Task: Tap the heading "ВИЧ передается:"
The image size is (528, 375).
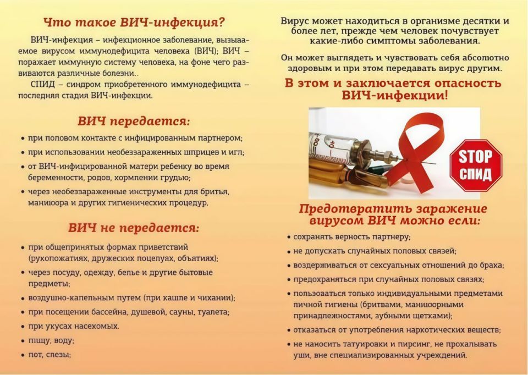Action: (x=134, y=121)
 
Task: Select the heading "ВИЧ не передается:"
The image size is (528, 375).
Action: (x=134, y=228)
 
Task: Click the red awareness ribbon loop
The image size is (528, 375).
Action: (x=424, y=137)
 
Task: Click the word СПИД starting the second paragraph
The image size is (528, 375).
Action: (x=43, y=84)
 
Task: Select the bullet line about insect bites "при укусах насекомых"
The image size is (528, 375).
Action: (x=73, y=326)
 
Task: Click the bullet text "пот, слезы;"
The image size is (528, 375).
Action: (x=50, y=355)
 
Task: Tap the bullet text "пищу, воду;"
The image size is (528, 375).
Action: (x=51, y=340)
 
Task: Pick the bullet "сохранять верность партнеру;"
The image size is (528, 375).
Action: (x=352, y=237)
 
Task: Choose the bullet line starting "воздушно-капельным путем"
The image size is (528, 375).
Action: (x=132, y=297)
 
